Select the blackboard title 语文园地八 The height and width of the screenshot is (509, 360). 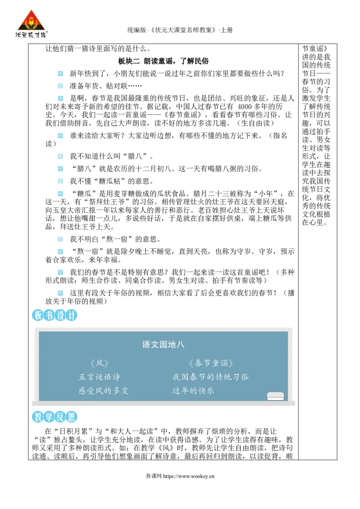click(x=163, y=345)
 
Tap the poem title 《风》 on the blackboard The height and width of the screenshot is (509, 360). click(x=99, y=363)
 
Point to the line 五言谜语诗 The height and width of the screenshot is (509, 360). click(x=99, y=377)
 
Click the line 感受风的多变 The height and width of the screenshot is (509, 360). click(x=103, y=391)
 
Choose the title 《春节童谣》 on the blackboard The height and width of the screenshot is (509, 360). click(x=211, y=363)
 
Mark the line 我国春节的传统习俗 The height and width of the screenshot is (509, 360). click(x=211, y=377)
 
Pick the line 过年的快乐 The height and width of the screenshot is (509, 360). click(x=193, y=391)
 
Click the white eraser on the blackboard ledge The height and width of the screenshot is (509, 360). click(x=275, y=396)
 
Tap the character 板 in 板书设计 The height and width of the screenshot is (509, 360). click(x=38, y=315)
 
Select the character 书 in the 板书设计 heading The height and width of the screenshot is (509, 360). click(x=49, y=315)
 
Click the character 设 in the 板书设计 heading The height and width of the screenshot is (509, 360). click(x=60, y=315)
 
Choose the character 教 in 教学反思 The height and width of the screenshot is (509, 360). click(x=38, y=417)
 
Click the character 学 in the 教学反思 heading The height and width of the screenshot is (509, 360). click(x=49, y=417)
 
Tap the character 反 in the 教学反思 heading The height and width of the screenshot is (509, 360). click(x=60, y=417)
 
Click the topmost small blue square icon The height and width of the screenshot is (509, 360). click(x=61, y=73)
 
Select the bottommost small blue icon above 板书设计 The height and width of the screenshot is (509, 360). click(x=61, y=293)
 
